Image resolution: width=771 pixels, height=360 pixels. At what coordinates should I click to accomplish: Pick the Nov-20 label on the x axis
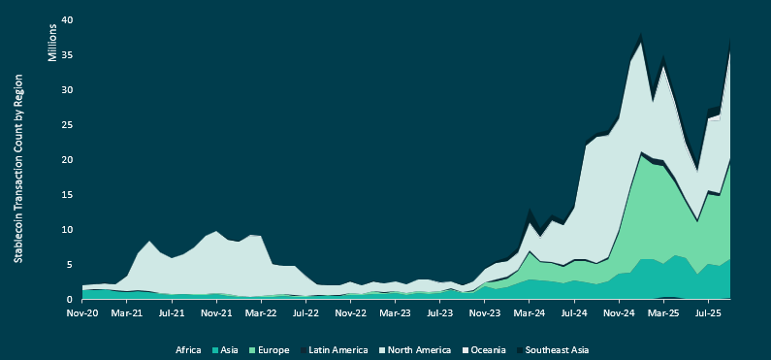82,314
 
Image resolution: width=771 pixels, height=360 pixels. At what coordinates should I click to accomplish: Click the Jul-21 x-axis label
172,314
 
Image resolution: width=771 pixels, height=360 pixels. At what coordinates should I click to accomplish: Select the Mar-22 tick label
261,314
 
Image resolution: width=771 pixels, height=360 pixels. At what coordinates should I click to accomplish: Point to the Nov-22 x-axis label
350,314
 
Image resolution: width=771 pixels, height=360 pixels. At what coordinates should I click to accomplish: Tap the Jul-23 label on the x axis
439,314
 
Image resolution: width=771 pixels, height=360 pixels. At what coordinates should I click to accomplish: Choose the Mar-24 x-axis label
529,314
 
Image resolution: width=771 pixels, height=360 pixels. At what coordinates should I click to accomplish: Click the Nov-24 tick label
618,314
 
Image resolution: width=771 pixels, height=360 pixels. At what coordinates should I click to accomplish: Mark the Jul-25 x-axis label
707,314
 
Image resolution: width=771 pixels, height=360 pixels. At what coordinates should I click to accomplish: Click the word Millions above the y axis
52,41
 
